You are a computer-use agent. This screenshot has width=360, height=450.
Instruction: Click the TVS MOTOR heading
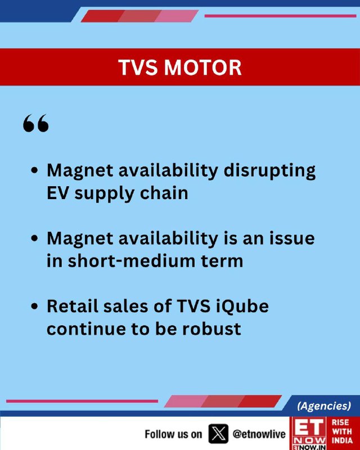coord(179,67)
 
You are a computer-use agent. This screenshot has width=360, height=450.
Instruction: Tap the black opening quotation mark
coord(36,123)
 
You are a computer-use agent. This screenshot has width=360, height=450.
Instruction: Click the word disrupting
coord(269,171)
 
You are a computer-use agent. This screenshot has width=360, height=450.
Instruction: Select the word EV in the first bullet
coord(57,193)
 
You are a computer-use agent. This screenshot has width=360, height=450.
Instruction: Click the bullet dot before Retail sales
coord(34,307)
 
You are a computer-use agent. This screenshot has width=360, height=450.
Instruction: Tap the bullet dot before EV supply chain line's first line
coord(34,170)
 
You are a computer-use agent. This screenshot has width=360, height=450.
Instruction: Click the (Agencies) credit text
coord(324,406)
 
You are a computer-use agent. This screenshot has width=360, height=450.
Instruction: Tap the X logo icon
coord(218,434)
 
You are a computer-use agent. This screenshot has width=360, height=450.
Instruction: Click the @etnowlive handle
coord(259,434)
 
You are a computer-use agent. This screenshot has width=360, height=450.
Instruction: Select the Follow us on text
coord(173,434)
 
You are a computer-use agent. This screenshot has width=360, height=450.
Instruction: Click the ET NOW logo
coord(309,433)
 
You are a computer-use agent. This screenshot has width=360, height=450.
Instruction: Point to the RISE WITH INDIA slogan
coord(342,431)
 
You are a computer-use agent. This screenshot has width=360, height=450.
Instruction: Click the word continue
coord(86,329)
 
